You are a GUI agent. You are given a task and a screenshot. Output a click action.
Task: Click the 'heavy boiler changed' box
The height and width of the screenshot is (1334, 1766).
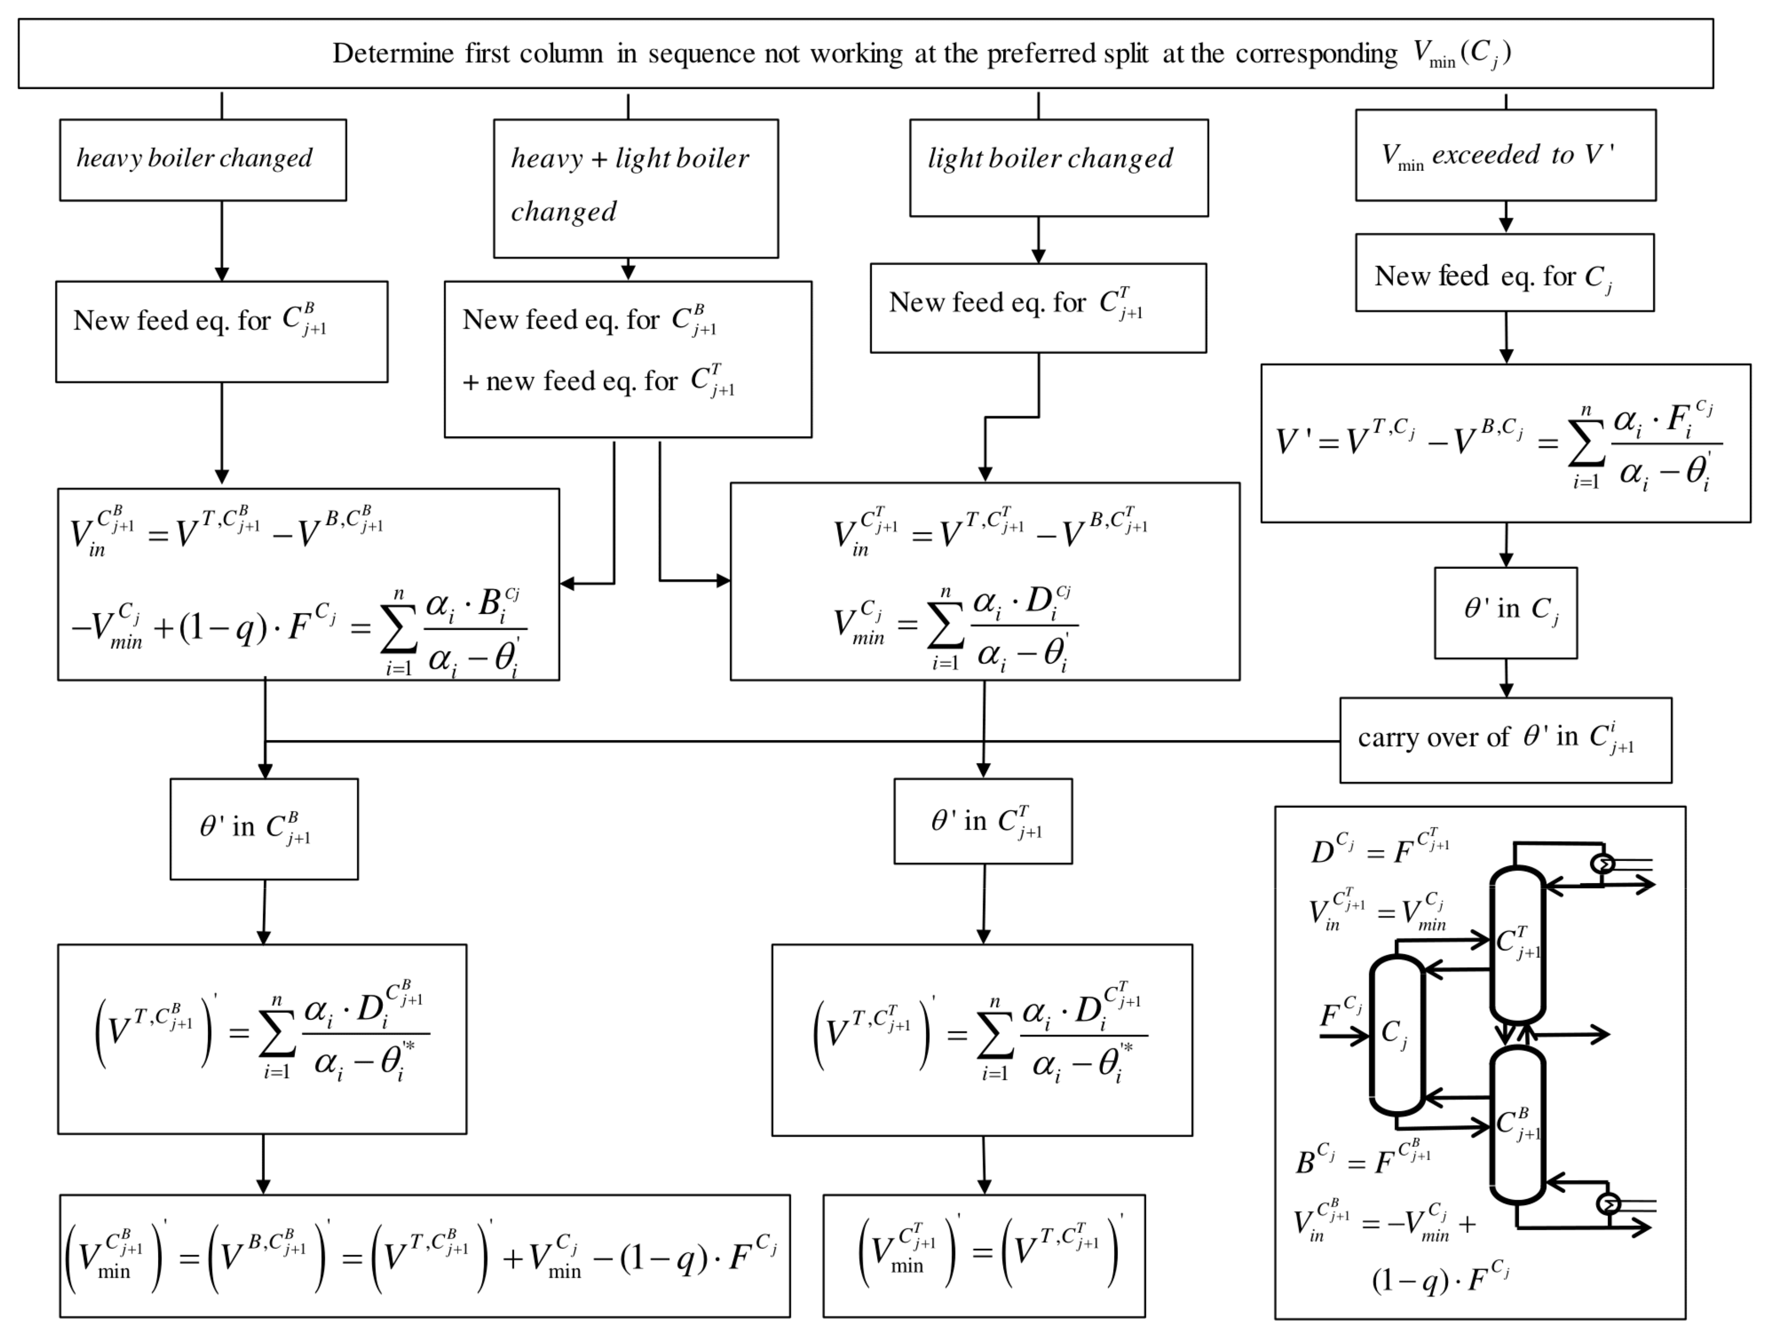tap(203, 160)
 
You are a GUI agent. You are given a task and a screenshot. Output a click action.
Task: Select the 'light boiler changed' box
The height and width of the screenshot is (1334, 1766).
tap(1059, 168)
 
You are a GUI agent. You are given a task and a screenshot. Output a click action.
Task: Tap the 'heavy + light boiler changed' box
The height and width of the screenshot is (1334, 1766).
tap(636, 188)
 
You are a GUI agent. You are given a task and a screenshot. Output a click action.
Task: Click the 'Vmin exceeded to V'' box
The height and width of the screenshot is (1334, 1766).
tap(1505, 155)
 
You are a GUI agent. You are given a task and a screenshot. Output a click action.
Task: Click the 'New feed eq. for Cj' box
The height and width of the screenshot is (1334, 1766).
tap(1504, 273)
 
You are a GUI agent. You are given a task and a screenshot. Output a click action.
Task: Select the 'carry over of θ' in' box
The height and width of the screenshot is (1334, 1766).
tap(1505, 740)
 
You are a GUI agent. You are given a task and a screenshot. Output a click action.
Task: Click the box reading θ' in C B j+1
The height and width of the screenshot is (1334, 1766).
tap(264, 829)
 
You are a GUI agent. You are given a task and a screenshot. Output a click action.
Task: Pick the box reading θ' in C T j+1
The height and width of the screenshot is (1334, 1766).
tap(983, 821)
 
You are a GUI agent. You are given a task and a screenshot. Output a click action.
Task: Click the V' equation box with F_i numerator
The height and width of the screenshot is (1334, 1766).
tap(1505, 444)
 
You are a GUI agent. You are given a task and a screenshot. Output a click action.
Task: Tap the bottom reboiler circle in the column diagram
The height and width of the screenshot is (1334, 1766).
tap(1609, 1203)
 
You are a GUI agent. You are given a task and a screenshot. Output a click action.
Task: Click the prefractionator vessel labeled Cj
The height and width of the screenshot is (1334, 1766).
tap(1397, 1035)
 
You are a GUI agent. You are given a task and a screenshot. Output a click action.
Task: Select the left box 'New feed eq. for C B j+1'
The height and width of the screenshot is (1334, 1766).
tap(221, 331)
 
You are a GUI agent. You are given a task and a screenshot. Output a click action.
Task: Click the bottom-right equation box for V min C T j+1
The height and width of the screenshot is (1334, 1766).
tap(984, 1256)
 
